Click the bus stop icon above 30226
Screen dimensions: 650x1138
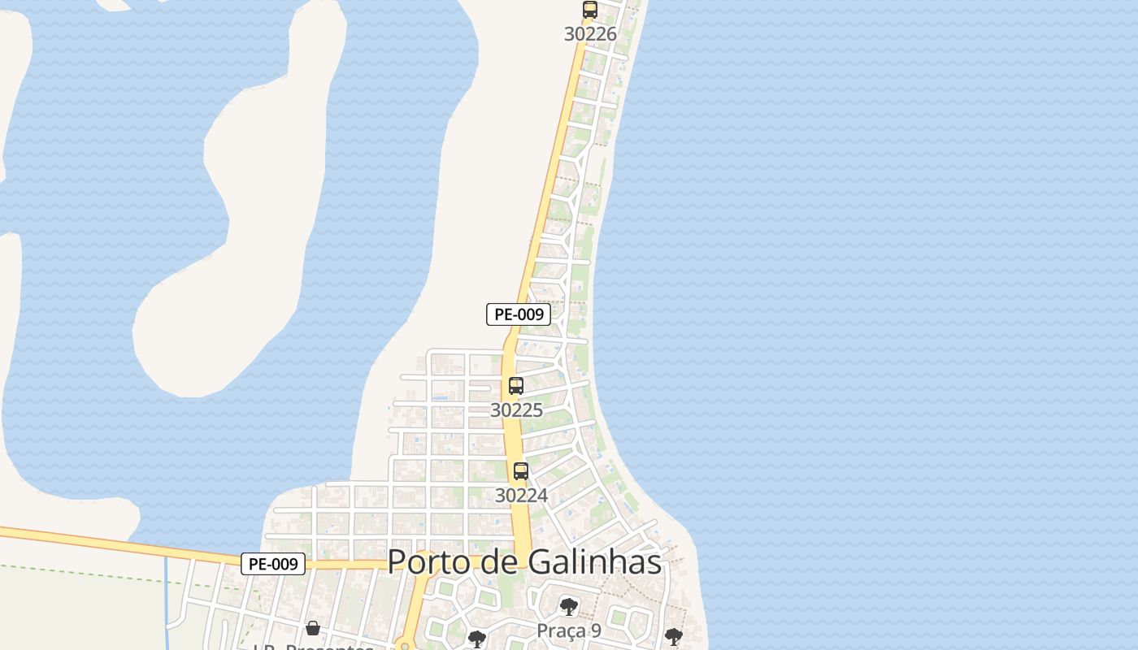589,11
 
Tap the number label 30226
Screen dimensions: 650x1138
590,34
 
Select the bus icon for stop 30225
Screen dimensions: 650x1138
516,386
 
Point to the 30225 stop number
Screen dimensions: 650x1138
516,410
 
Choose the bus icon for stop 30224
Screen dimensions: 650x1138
521,471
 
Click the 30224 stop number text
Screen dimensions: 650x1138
521,495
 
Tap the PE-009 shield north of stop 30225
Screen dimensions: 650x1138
519,314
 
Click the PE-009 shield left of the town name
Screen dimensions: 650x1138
273,564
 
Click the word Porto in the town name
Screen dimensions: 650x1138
428,562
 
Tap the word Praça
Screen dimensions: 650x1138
561,630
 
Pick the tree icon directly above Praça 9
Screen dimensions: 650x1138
569,606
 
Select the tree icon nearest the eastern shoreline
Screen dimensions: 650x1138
673,637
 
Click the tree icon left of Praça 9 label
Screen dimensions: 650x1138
477,639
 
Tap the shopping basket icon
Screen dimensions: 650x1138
313,628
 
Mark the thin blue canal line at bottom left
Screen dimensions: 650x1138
166,593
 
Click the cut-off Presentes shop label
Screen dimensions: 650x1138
313,647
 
